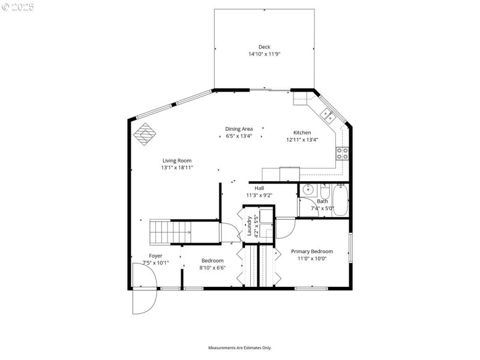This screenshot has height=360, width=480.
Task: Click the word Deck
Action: pos(264,47)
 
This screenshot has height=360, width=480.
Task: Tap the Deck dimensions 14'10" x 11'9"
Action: pos(264,54)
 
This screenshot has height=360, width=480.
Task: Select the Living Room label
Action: pos(176,160)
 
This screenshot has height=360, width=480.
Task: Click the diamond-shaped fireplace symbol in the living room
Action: pos(144,134)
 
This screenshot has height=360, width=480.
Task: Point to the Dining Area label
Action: pos(239,129)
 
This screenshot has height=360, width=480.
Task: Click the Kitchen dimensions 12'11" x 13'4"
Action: pos(302,140)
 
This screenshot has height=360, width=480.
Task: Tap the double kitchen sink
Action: pos(328,114)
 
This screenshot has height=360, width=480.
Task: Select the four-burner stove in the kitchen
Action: pos(343,153)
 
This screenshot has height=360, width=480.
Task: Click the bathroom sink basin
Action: pos(308,190)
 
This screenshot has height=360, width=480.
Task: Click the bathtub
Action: pos(341,200)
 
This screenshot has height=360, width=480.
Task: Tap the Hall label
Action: pos(259,188)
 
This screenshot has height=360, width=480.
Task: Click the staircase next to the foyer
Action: pos(170,232)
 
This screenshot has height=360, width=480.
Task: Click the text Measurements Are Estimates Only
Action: pos(240,348)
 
